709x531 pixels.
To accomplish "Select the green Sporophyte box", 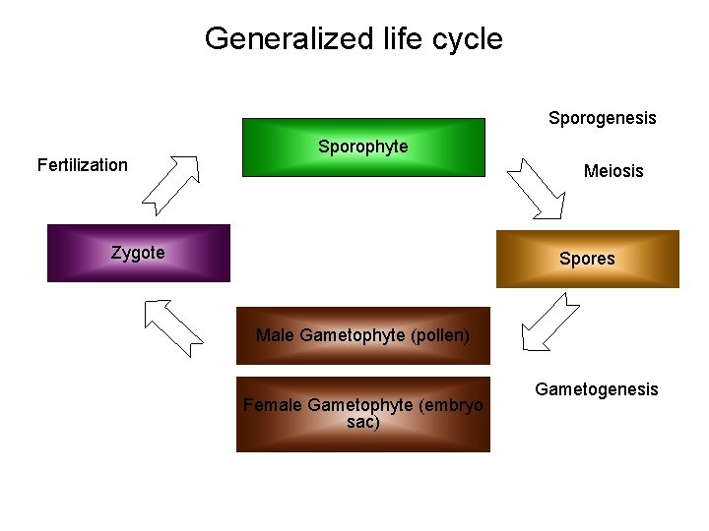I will click(364, 147).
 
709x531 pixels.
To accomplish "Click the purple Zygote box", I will click(138, 254).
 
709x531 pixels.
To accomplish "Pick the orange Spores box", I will click(587, 259).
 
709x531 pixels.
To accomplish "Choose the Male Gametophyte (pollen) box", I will click(362, 335).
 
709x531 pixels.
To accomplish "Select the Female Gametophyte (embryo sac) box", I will click(362, 414).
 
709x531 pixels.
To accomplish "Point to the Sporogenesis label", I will click(602, 118).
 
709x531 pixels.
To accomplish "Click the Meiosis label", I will click(612, 171).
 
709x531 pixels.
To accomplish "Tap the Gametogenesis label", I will click(596, 389).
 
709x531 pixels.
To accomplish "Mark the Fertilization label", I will click(83, 165).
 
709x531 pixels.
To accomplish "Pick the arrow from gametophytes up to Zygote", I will click(172, 325).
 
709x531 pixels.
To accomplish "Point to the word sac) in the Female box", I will click(363, 423).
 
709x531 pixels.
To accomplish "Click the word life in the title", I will click(412, 39).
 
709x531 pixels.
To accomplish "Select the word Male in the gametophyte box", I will click(275, 335).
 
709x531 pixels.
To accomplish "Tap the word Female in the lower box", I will click(273, 405).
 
